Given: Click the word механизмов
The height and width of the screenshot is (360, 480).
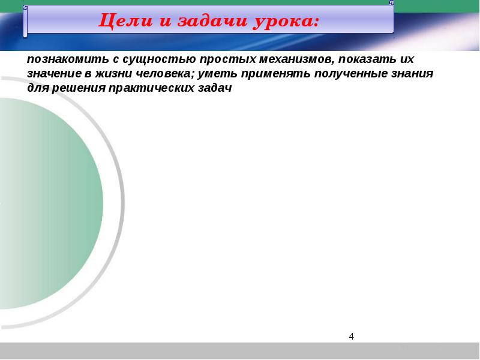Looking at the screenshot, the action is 296,59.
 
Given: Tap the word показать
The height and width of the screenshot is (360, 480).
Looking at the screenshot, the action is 367,59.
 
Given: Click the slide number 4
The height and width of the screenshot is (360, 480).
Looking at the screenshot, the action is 352,337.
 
